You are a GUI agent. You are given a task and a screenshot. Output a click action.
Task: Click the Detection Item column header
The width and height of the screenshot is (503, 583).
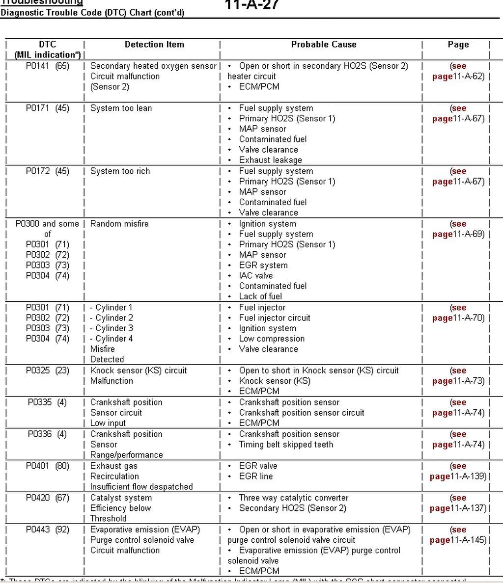click(x=154, y=45)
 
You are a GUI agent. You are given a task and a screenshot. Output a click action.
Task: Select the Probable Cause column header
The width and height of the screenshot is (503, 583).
click(x=323, y=45)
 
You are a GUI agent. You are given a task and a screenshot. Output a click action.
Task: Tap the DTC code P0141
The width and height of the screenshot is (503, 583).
click(x=38, y=66)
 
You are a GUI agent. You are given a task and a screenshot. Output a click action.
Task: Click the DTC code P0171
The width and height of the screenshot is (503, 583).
click(x=38, y=108)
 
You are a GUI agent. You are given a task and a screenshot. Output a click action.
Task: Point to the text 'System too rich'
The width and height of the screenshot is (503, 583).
click(x=120, y=171)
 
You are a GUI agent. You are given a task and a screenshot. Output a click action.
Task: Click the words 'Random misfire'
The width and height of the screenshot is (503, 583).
click(x=119, y=224)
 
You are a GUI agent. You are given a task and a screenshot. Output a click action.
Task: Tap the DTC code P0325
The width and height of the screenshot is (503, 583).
click(x=38, y=371)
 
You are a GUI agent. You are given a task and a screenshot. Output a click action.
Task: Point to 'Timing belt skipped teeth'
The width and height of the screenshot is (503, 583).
click(x=286, y=445)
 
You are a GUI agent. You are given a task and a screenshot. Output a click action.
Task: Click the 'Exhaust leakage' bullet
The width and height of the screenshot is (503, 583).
click(x=270, y=160)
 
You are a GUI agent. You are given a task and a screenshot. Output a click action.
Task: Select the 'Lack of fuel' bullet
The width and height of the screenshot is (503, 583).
click(x=260, y=296)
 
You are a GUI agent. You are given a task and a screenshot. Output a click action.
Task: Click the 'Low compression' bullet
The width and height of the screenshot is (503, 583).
click(x=272, y=339)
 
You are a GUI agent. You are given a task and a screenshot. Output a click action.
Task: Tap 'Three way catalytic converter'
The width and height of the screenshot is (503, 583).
click(x=294, y=498)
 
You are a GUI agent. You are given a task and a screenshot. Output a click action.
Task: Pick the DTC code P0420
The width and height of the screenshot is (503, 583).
click(x=38, y=498)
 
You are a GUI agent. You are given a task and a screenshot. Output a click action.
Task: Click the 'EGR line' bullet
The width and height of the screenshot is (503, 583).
click(x=255, y=476)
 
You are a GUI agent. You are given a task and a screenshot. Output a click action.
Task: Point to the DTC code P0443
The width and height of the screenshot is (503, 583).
click(x=38, y=530)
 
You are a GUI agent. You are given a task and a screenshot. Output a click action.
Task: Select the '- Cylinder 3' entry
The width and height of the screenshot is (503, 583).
click(x=112, y=328)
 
